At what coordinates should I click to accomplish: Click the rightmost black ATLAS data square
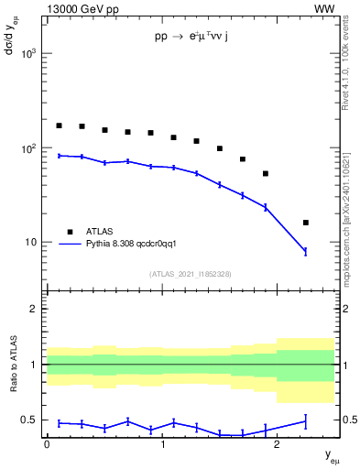[306, 223]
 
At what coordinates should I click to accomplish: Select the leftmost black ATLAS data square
[59, 125]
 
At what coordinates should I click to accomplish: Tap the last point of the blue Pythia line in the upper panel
[306, 251]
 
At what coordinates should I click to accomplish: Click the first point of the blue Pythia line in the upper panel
[59, 156]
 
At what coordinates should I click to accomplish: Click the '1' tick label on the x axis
[162, 444]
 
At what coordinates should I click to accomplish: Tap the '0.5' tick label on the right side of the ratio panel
[347, 420]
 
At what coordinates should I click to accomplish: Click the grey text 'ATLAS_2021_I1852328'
[191, 274]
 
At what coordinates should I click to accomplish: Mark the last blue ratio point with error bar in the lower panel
[306, 421]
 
